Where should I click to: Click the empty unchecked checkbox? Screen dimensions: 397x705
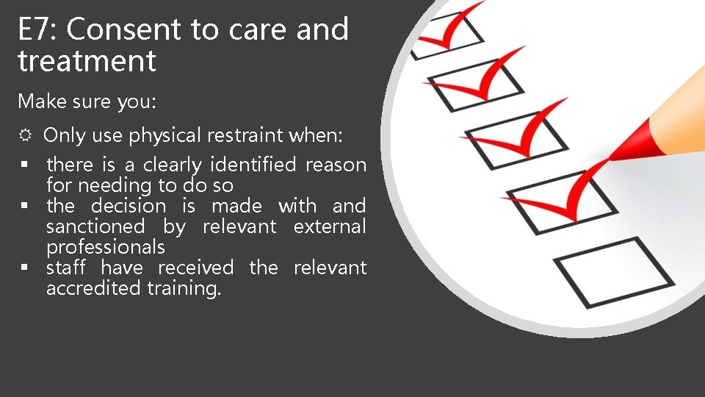pos(614,271)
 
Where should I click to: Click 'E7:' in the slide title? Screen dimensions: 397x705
pos(38,30)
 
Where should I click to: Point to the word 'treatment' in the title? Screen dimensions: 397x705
pos(87,61)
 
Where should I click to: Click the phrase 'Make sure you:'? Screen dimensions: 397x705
pos(87,101)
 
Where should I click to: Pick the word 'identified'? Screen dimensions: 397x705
pos(253,165)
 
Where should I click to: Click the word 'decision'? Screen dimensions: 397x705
pos(129,206)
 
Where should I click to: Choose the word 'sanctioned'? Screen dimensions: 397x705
pos(95,226)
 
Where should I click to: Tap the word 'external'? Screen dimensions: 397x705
pos(329,226)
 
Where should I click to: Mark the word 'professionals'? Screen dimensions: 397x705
pos(105,247)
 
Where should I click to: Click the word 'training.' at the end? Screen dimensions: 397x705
pos(184,289)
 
